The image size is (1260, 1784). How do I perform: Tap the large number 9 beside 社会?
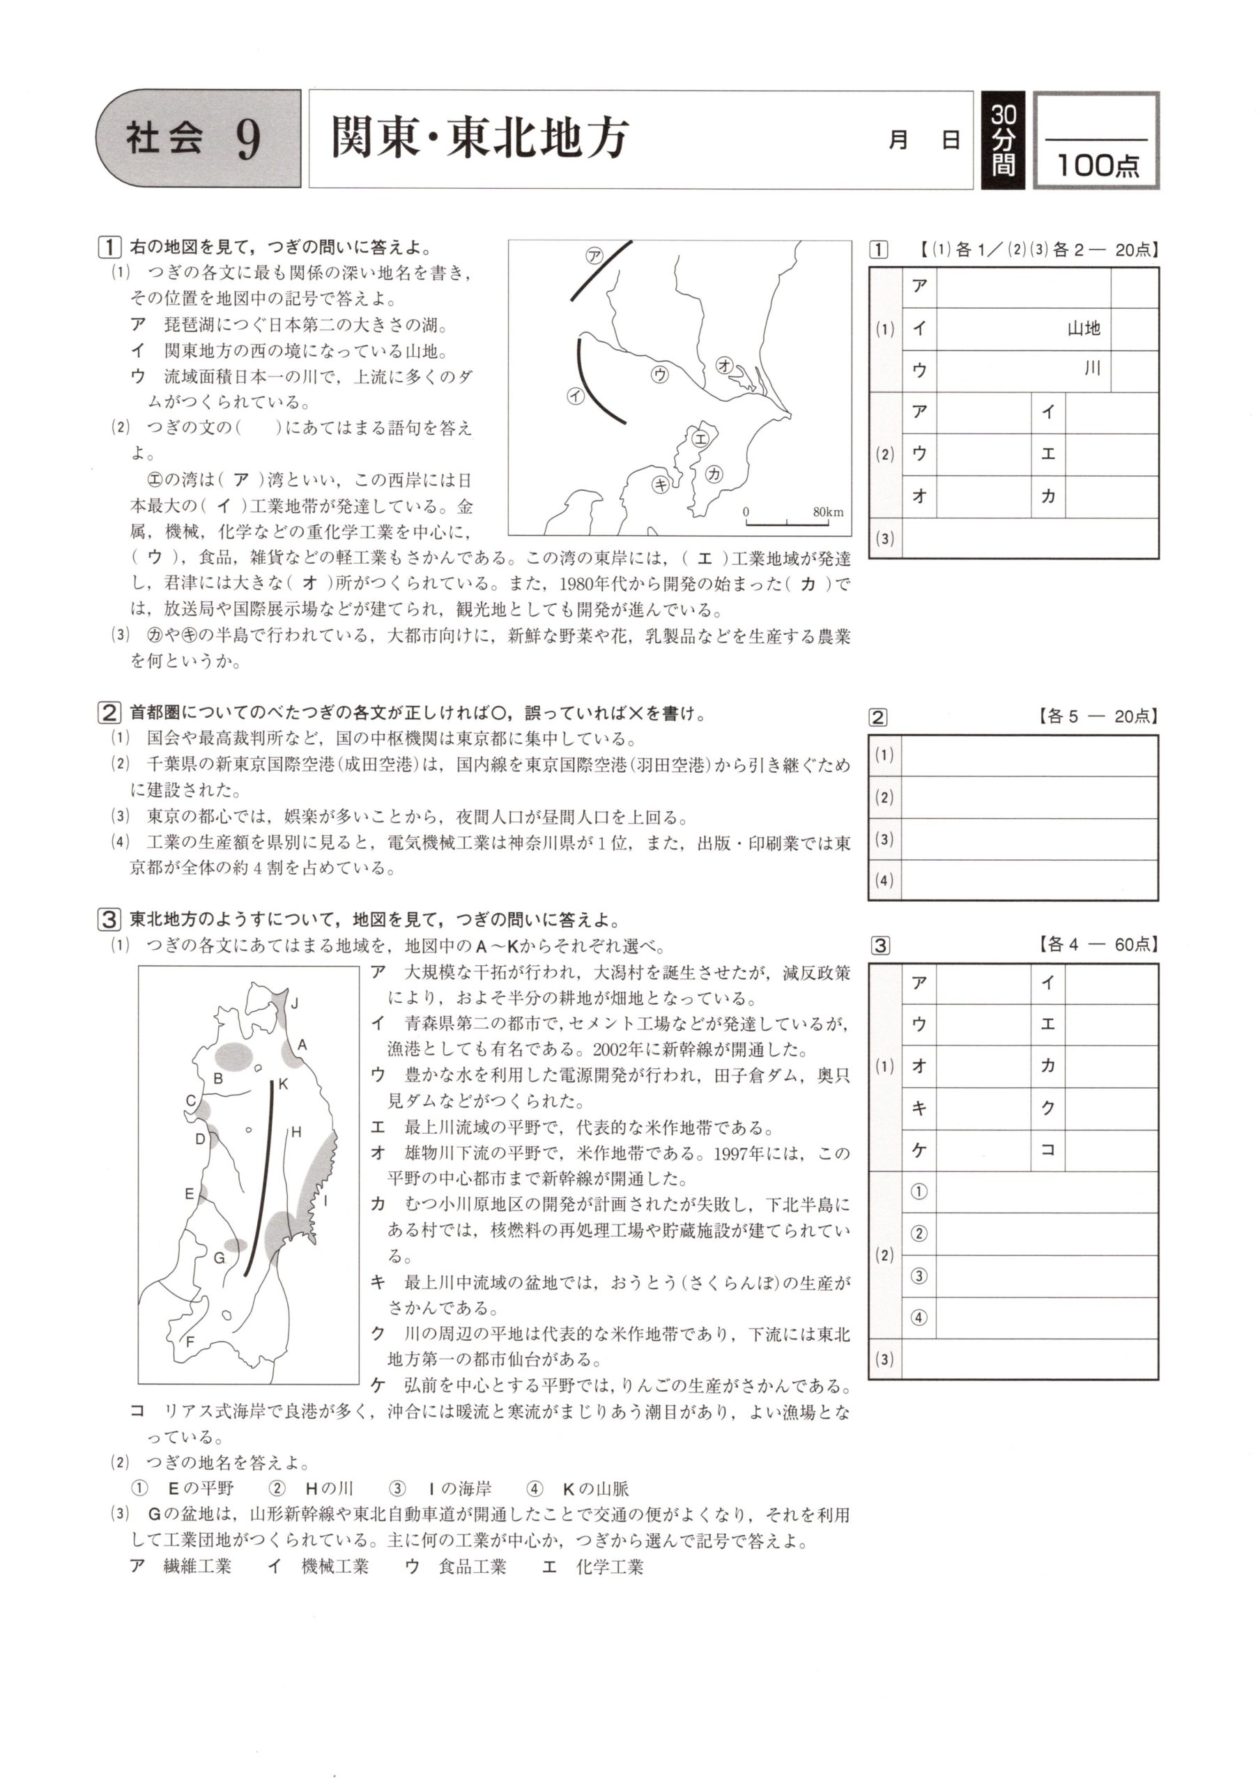tap(248, 139)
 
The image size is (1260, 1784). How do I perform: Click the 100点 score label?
tap(1097, 164)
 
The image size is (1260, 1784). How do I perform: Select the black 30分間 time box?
tap(1003, 140)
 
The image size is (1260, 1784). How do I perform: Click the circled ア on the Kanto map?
tap(594, 256)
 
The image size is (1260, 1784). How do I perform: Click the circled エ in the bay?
tap(700, 438)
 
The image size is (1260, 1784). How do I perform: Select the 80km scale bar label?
tap(827, 512)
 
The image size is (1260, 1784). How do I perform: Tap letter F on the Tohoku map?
tap(190, 1341)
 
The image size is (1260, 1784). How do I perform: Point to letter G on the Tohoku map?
tap(219, 1257)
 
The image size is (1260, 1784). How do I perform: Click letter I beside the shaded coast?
tap(325, 1201)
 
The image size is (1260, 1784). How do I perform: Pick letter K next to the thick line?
tap(283, 1083)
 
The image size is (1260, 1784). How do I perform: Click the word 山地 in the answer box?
tap(1083, 329)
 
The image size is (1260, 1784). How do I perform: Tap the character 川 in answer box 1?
tap(1092, 369)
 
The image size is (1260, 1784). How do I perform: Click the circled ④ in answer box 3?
tap(919, 1317)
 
